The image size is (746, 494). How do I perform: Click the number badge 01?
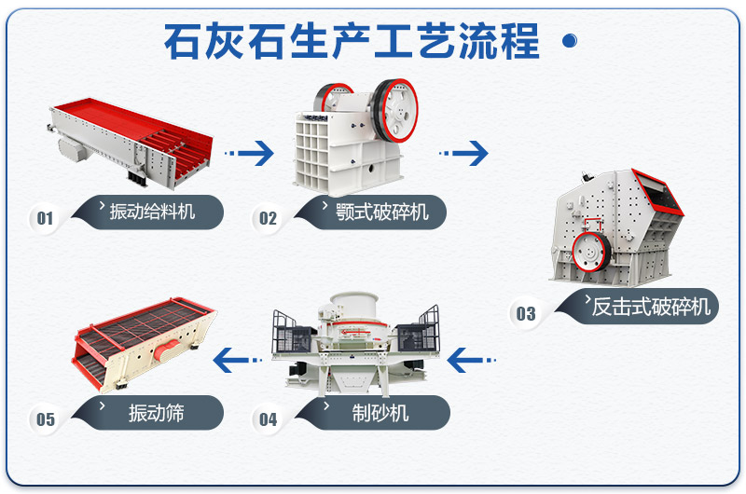(x=45, y=219)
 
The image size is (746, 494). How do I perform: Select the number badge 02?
(x=268, y=219)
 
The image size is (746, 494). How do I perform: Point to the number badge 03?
(x=526, y=313)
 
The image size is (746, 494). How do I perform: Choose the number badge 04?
(x=268, y=419)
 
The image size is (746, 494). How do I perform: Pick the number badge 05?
(x=45, y=419)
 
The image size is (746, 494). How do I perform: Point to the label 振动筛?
(x=157, y=412)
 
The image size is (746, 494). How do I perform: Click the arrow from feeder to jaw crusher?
(x=250, y=152)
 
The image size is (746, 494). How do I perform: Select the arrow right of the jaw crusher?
(x=463, y=152)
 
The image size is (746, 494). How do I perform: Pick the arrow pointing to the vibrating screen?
(x=236, y=357)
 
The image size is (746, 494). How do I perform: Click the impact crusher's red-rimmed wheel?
(x=589, y=252)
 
